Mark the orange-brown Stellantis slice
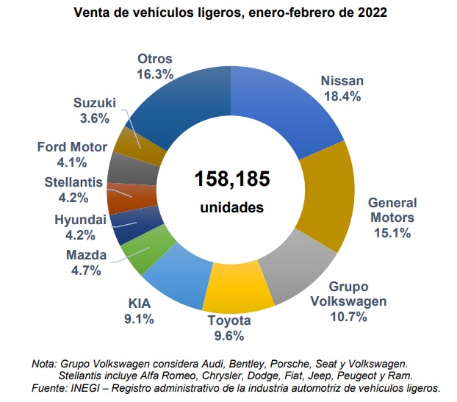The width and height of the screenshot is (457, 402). pyautogui.click(x=120, y=197)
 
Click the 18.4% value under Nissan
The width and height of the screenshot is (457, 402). pyautogui.click(x=342, y=96)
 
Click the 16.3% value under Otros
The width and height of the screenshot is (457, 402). pyautogui.click(x=154, y=74)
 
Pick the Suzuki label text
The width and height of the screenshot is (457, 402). pyautogui.click(x=96, y=102)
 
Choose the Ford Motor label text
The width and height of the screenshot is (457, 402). pyautogui.click(x=73, y=147)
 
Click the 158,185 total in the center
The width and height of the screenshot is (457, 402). pyautogui.click(x=232, y=179)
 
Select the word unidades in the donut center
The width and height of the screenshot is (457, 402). pyautogui.click(x=231, y=208)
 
